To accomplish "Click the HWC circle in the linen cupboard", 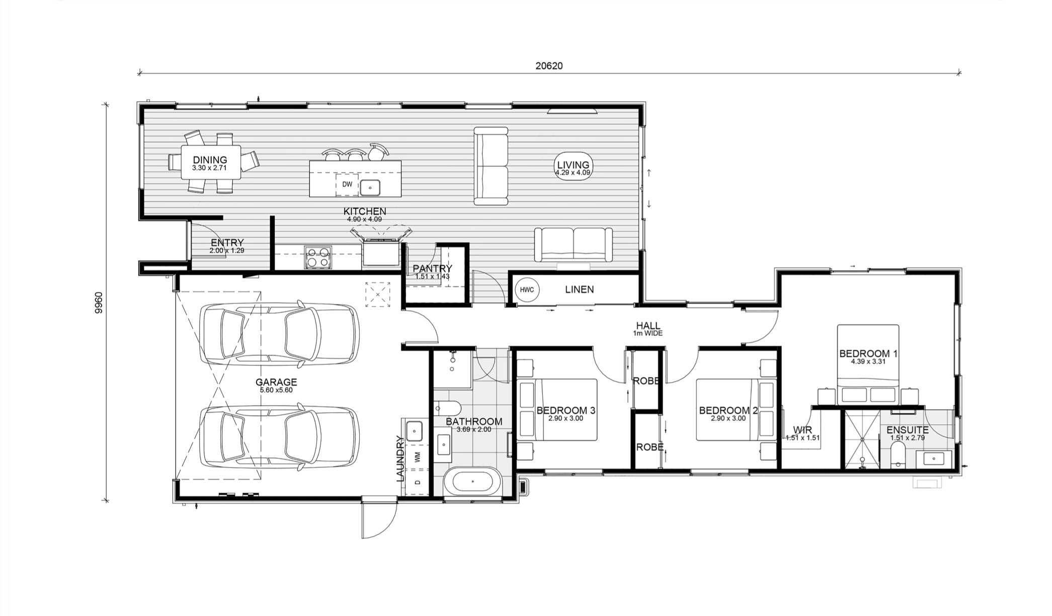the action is coord(527,290).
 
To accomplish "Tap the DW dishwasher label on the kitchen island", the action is coord(347,184).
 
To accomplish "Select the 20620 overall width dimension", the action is coord(549,66).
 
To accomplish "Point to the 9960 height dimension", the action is coord(99,302).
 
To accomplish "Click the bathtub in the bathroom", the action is coord(472,482).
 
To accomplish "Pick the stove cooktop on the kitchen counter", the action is coord(318,257).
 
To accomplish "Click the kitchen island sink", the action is coord(370,188).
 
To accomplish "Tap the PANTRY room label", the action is coord(432,269).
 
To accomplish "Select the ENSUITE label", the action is coord(908,430).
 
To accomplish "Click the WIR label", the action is coord(802,430).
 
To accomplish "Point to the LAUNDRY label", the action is coord(400,458).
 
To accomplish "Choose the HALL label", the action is coord(648,326).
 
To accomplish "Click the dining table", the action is coord(211,162).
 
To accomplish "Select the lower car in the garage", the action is coord(279,437).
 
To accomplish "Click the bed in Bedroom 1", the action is coord(868,364).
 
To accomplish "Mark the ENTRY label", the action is coord(227,243).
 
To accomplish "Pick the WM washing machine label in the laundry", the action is coord(417,456).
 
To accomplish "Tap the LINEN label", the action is coord(580,289).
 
